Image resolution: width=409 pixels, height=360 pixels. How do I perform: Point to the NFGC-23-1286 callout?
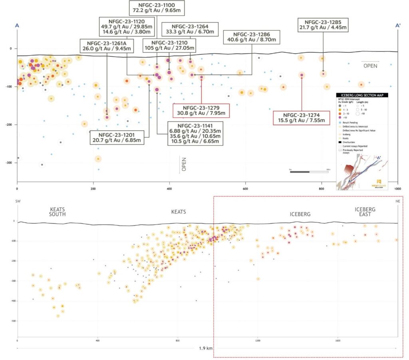[252, 37]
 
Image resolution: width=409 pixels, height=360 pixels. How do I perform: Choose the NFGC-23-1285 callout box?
[323, 25]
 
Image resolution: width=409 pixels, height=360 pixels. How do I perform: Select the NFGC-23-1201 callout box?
[117, 137]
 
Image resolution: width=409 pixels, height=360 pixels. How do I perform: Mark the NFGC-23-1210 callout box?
[169, 45]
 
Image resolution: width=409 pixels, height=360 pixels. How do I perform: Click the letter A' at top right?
[398, 26]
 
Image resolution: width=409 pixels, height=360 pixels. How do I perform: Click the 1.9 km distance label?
[206, 348]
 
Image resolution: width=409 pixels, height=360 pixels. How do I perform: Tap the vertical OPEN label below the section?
[184, 164]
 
